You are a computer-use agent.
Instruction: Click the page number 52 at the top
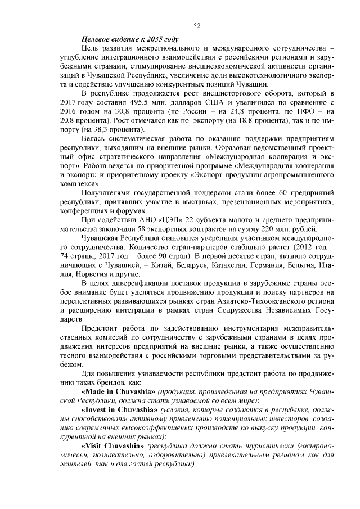[x=197, y=25]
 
